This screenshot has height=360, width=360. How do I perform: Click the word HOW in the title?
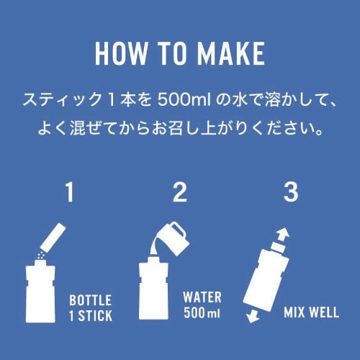(x=121, y=53)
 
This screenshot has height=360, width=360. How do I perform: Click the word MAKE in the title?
(x=232, y=53)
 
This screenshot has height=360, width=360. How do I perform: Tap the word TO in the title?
(x=173, y=53)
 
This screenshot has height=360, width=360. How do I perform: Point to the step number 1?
(x=69, y=192)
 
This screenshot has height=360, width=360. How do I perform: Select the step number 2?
(x=180, y=192)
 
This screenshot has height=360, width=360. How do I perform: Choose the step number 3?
(x=291, y=192)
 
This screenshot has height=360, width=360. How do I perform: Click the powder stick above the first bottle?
(x=53, y=237)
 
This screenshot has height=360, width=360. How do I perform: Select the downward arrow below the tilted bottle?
(x=253, y=315)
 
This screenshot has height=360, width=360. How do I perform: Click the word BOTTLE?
(x=90, y=300)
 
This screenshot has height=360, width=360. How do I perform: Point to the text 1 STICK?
(x=91, y=315)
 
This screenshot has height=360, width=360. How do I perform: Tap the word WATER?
(x=202, y=297)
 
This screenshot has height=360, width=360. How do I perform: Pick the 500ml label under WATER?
(x=202, y=312)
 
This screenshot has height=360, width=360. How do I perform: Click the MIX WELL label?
(x=311, y=312)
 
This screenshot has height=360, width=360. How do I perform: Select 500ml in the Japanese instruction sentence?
(x=184, y=100)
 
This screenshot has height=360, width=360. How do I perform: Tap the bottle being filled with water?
(x=153, y=288)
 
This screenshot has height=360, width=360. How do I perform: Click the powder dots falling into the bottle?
(x=40, y=256)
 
